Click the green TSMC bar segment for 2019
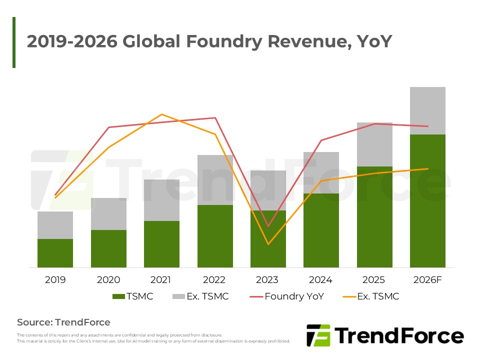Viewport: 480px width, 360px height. pos(55,253)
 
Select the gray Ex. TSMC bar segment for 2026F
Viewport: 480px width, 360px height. pos(427,110)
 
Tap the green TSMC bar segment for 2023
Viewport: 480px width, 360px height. pos(268,238)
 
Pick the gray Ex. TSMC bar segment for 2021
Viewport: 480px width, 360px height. pos(161,200)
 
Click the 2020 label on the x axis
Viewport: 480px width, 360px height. pos(108,279)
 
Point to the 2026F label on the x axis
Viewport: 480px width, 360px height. pos(427,279)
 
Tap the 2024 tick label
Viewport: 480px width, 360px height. pos(321,279)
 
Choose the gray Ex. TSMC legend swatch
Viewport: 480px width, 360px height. pos(178,296)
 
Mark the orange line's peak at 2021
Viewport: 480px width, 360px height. pos(161,114)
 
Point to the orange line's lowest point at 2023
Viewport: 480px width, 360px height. pos(268,244)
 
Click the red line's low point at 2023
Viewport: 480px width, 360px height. pos(268,226)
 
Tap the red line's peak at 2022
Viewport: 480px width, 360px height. pos(215,118)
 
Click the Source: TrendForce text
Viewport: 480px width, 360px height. pos(63,322)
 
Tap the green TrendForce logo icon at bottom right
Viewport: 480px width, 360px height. pos(318,335)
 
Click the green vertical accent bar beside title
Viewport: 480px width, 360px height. pos(14,42)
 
